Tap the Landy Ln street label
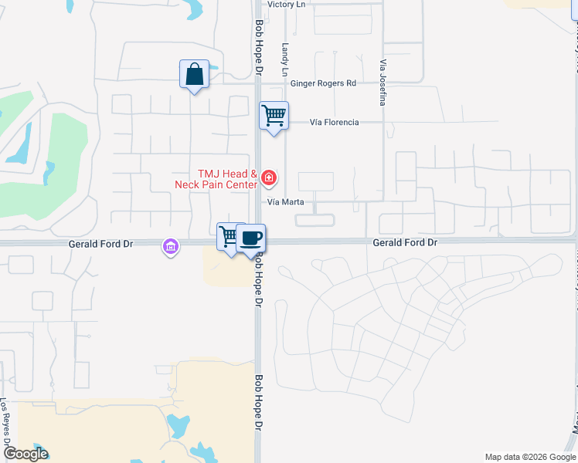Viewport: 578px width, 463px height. tap(286, 59)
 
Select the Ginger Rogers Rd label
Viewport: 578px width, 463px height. tap(324, 83)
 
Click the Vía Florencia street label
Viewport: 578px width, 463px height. tap(335, 123)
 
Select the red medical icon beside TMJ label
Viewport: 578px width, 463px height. tap(268, 179)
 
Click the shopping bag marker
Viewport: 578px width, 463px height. tap(194, 76)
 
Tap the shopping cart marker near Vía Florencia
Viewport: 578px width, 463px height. tap(274, 117)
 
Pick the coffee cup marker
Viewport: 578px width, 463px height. tap(250, 238)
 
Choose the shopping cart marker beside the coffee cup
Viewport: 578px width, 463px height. tap(229, 237)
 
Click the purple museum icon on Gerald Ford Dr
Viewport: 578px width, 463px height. tap(170, 247)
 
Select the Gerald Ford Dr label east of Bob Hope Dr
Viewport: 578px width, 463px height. tap(406, 242)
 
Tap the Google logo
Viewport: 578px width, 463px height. tap(25, 454)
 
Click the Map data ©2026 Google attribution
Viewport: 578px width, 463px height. tap(529, 457)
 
